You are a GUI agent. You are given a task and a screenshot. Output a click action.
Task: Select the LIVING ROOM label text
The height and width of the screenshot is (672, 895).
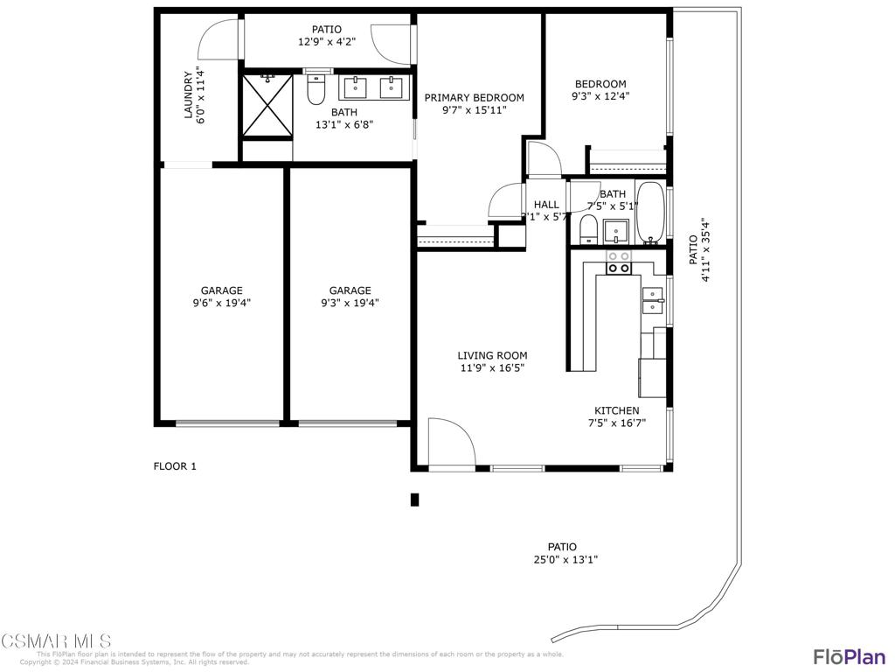(x=492, y=355)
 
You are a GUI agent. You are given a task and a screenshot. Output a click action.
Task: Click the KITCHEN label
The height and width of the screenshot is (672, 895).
(x=616, y=410)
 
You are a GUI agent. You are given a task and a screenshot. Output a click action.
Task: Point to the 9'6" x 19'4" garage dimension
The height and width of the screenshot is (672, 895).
(x=221, y=304)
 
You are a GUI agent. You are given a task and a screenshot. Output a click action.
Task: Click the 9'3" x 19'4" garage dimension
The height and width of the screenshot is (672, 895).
(x=350, y=304)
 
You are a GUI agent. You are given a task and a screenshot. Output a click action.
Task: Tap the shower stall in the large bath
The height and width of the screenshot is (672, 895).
(x=267, y=106)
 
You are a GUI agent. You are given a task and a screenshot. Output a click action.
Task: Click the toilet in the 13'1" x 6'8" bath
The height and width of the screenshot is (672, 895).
(x=316, y=89)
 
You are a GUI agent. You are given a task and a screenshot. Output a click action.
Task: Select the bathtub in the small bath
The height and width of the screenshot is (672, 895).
(x=649, y=213)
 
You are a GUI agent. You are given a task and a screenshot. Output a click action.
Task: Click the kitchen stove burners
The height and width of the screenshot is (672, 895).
(x=619, y=262)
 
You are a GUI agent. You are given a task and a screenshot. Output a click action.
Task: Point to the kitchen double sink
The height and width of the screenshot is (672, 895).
(x=653, y=300)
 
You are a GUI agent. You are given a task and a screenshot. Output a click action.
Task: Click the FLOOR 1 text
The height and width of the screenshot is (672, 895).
(x=175, y=466)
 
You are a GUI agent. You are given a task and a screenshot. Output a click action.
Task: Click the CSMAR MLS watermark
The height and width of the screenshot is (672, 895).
(x=56, y=641)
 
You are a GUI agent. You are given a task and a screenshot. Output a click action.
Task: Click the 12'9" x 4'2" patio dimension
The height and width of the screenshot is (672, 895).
(x=327, y=42)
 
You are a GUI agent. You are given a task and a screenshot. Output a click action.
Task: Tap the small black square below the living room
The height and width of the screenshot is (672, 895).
(x=415, y=500)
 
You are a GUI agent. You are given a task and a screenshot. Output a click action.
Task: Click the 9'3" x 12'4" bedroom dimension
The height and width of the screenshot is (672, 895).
(x=600, y=97)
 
